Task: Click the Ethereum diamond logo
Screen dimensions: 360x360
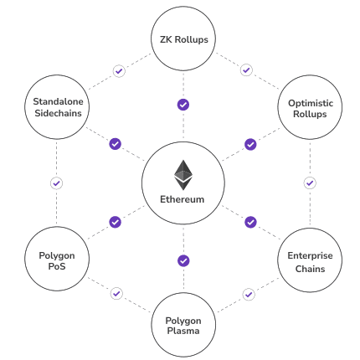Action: [x=183, y=174]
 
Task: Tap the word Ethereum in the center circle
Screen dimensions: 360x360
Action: [x=183, y=200]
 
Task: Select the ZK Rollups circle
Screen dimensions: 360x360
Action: [x=183, y=39]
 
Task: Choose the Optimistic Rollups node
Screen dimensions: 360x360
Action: [x=310, y=108]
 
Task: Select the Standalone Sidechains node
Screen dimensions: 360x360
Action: [x=57, y=108]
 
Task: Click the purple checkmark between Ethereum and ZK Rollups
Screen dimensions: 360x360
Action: [x=183, y=105]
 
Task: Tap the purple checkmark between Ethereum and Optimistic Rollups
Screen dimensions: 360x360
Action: [x=250, y=144]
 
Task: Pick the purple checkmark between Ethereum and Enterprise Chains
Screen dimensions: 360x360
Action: [x=250, y=222]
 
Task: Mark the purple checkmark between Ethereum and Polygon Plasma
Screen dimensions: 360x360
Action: [x=183, y=260]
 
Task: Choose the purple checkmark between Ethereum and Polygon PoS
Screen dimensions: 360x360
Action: [x=116, y=222]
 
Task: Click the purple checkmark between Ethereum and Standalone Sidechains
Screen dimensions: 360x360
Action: [x=116, y=144]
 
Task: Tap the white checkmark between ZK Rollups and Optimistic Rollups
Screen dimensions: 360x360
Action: [x=246, y=70]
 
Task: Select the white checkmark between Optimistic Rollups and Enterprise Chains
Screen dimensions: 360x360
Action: [x=310, y=183]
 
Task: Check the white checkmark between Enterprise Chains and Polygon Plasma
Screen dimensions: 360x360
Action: [x=249, y=294]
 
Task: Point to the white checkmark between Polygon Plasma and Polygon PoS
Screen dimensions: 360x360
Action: [x=116, y=294]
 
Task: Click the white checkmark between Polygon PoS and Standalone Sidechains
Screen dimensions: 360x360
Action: [x=56, y=183]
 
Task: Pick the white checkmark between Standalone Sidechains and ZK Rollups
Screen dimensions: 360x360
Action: [x=119, y=71]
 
